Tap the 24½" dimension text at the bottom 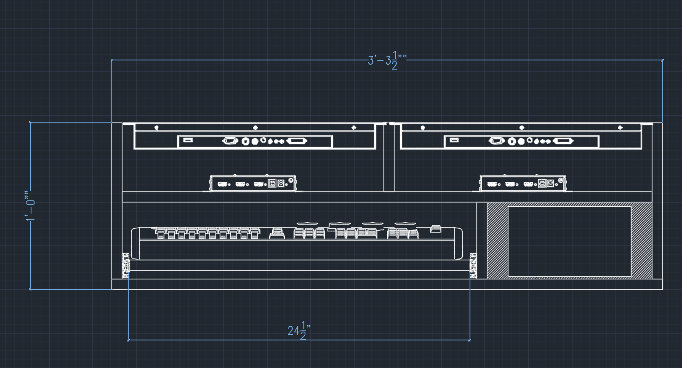298,331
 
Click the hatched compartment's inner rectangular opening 569,241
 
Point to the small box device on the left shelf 254,183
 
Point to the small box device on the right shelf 523,183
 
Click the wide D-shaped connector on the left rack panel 296,142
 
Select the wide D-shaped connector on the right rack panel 563,142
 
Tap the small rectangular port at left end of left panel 188,142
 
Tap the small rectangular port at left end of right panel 454,142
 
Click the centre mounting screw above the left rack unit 255,128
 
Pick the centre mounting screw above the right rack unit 521,128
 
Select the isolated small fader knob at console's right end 436,229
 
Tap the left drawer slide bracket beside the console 126,265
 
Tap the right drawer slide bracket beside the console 473,265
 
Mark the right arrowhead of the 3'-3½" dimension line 662,60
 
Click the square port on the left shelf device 272,183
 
